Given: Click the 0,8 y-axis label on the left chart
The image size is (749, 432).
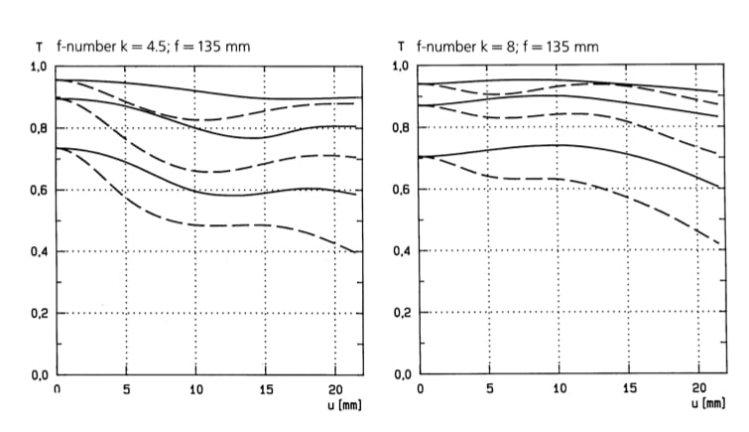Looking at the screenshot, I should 40,128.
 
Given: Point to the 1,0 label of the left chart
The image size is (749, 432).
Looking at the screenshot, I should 40,67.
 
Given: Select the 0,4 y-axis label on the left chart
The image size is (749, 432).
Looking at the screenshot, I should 40,251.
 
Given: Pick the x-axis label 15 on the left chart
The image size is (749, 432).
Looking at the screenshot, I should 266,389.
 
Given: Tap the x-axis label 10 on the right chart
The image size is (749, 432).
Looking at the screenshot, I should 561,389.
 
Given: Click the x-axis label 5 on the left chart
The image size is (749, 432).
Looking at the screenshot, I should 127,389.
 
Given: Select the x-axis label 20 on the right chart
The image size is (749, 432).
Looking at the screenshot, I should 699,389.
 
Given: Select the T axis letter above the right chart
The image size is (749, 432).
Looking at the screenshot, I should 400,47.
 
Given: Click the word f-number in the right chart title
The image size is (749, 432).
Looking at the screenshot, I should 444,47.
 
